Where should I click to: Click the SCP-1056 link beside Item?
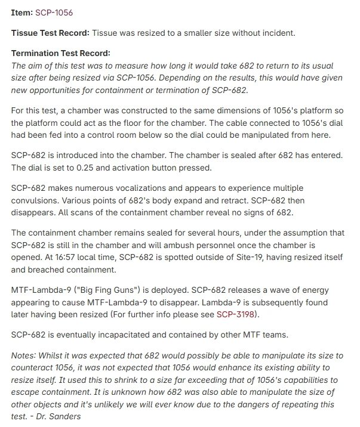[x=54, y=13]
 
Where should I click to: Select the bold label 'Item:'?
[x=22, y=13]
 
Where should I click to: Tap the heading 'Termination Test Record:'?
[x=61, y=53]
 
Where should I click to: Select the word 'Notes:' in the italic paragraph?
[x=24, y=355]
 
